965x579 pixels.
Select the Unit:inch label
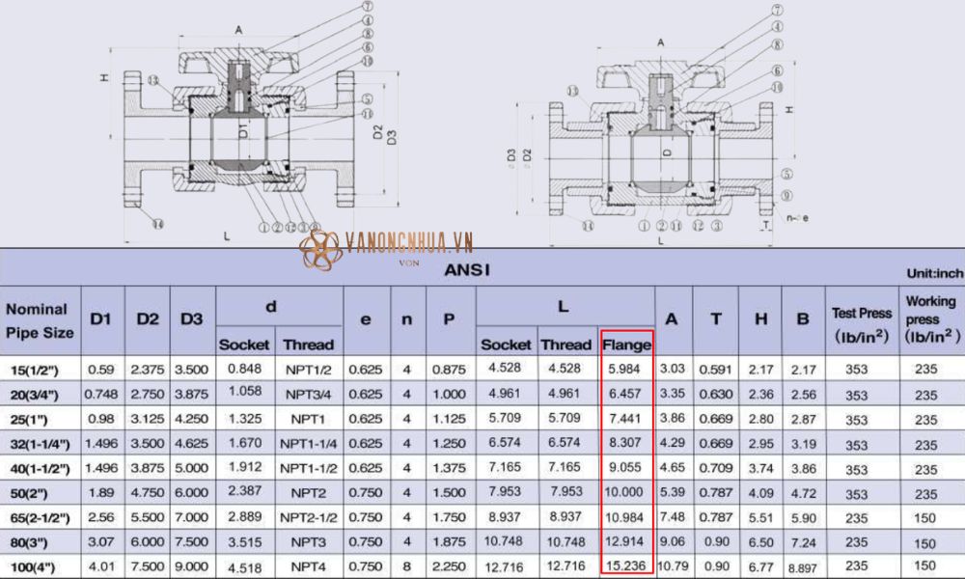click(x=934, y=274)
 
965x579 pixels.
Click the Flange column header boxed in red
click(x=626, y=344)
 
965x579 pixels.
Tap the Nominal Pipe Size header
click(x=39, y=320)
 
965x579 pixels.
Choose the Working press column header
click(x=931, y=318)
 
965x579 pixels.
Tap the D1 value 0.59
click(x=100, y=369)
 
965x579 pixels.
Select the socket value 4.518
click(x=244, y=565)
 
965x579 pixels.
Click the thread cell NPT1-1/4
click(x=309, y=443)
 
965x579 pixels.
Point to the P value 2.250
click(x=449, y=565)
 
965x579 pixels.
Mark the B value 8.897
click(x=804, y=565)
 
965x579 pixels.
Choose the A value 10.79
click(x=674, y=565)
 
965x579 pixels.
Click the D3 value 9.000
click(x=192, y=565)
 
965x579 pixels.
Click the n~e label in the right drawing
click(x=797, y=217)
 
